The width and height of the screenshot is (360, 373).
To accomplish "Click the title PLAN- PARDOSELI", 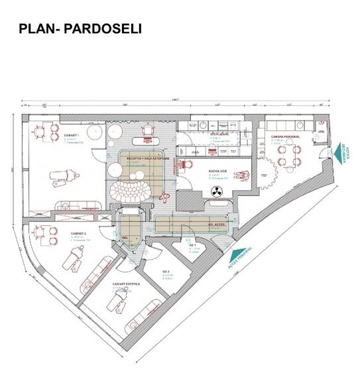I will point(80,29).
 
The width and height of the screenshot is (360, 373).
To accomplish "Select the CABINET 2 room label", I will point(80,233).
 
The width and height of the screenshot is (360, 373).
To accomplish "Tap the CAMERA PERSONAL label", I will point(285,136).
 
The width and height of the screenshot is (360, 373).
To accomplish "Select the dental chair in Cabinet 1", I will point(65,175).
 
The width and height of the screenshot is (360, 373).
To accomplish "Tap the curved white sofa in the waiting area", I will point(130,193).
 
